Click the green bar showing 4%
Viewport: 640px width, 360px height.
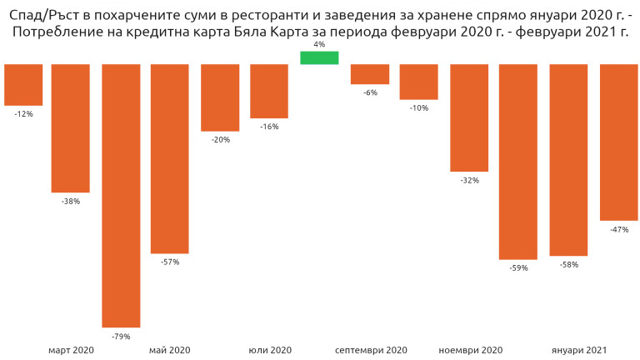coord(319,57)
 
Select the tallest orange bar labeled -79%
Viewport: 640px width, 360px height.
coord(121,195)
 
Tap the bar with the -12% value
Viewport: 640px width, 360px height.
coord(23,84)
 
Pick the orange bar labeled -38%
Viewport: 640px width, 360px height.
coord(71,128)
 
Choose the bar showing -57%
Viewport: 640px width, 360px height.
coord(170,158)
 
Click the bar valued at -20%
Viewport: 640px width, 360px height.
coord(220,97)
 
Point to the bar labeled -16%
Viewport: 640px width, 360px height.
coord(269,91)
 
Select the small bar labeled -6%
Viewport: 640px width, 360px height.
coord(369,74)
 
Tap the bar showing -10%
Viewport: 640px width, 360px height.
coord(419,82)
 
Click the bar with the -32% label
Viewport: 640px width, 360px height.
coord(469,117)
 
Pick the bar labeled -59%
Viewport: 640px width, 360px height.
coord(518,162)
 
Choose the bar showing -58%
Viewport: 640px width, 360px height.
coord(568,160)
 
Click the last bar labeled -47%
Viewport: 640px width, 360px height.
coord(618,142)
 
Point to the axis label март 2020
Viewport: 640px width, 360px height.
coord(71,351)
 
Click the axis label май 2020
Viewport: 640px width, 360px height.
coord(170,351)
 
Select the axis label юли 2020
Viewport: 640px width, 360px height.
coord(270,351)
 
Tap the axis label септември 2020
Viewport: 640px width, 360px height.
coord(371,351)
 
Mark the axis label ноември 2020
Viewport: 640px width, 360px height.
coord(470,351)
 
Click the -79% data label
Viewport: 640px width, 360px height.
coord(121,337)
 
